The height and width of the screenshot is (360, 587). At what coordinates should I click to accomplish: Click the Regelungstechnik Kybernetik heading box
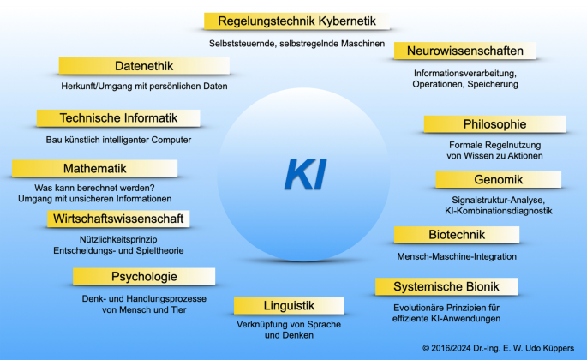pos(296,21)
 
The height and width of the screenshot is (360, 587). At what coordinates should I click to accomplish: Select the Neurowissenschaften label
pos(464,51)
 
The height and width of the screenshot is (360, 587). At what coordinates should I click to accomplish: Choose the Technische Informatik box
pos(118,118)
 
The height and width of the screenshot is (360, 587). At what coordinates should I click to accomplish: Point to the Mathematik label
pos(94,168)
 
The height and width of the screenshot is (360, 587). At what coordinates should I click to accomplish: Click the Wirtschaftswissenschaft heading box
pos(118,219)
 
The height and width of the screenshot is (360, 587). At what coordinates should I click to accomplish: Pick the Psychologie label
pos(144,276)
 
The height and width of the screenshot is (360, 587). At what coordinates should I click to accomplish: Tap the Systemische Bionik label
pos(446,286)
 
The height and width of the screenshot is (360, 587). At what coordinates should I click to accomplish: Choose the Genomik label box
pos(498,179)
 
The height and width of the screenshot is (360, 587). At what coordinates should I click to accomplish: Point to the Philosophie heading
pos(494,124)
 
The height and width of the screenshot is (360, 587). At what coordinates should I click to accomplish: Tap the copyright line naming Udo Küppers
pos(499,349)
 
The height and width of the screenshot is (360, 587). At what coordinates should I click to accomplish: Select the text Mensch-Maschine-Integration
pos(457,256)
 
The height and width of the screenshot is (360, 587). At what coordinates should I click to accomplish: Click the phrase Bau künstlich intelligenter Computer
pos(118,140)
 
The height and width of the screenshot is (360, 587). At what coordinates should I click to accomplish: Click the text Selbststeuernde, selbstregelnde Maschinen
pos(296,43)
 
